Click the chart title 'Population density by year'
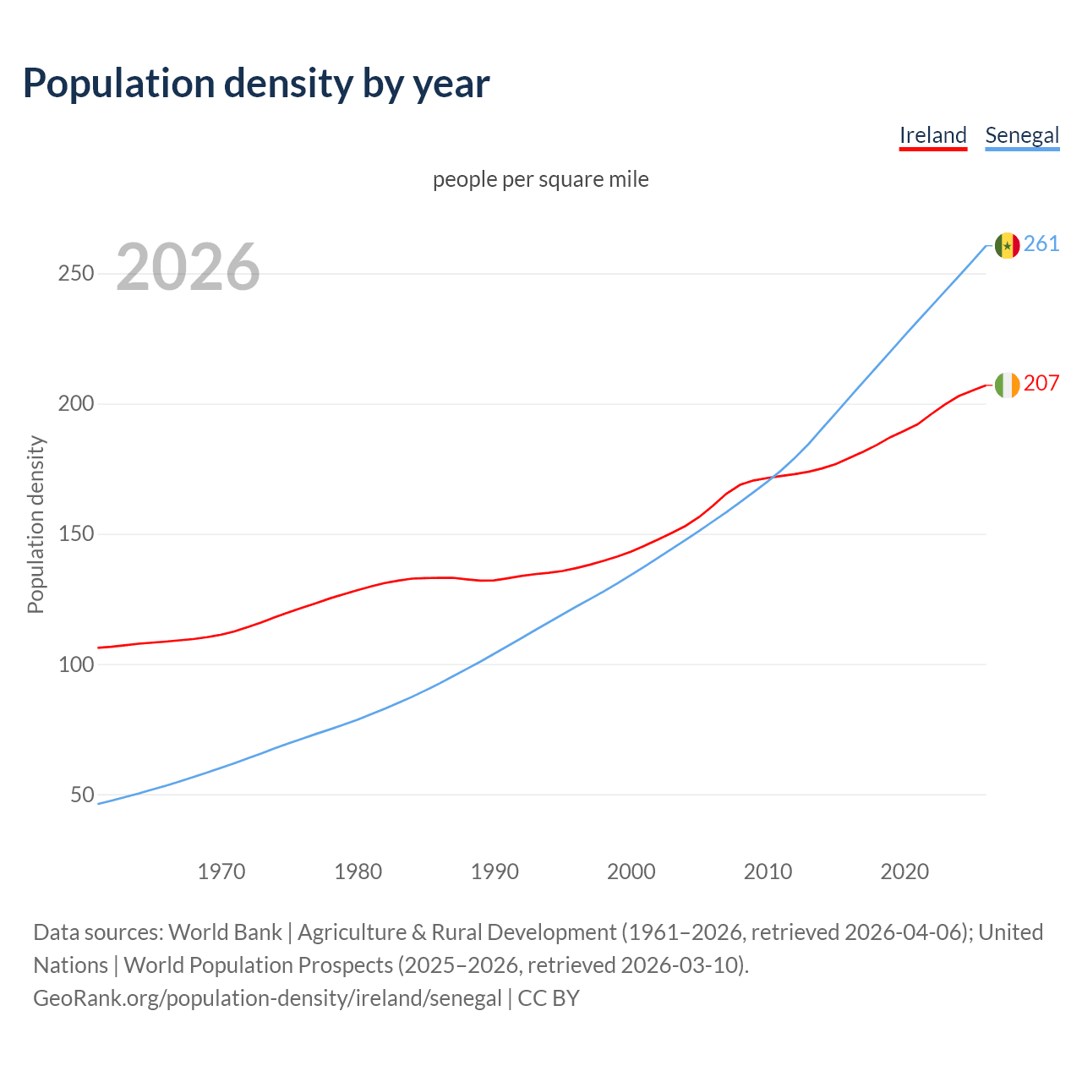256,84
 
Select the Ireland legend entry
932,135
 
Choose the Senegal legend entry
1022,135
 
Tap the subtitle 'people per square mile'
540,179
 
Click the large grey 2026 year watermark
188,267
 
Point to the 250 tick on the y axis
76,274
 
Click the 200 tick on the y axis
76,404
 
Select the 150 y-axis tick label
76,534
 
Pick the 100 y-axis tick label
76,664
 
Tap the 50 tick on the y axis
82,795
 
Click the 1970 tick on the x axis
221,872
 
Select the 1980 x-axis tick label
358,872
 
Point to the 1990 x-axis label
495,872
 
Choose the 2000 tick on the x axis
631,872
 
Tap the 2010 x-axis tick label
768,872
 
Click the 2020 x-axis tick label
904,872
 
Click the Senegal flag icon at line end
1007,245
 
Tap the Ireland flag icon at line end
1007,385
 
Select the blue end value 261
1041,244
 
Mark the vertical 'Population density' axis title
36,524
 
